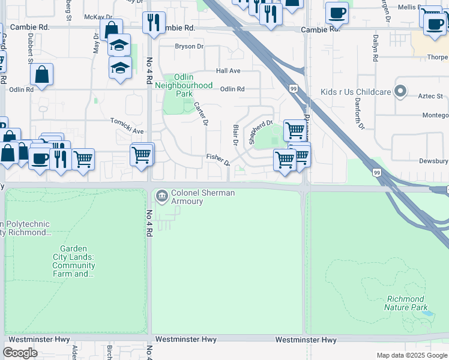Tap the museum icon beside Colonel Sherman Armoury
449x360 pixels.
(x=161, y=196)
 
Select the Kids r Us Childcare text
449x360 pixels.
(x=355, y=92)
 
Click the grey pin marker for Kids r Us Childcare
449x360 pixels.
(x=401, y=92)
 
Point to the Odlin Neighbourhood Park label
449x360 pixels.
(x=184, y=85)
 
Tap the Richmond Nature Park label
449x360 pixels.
(x=406, y=303)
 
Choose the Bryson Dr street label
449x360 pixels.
(x=189, y=46)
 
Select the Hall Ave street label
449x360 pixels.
(x=228, y=71)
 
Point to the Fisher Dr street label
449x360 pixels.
(x=218, y=159)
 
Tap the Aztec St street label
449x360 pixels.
(x=430, y=96)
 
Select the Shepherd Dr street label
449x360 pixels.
(x=261, y=132)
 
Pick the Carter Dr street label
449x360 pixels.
(x=200, y=113)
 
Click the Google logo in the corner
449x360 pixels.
(x=20, y=353)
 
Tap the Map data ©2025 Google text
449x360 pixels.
(x=411, y=355)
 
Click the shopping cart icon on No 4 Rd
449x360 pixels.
(x=141, y=155)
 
